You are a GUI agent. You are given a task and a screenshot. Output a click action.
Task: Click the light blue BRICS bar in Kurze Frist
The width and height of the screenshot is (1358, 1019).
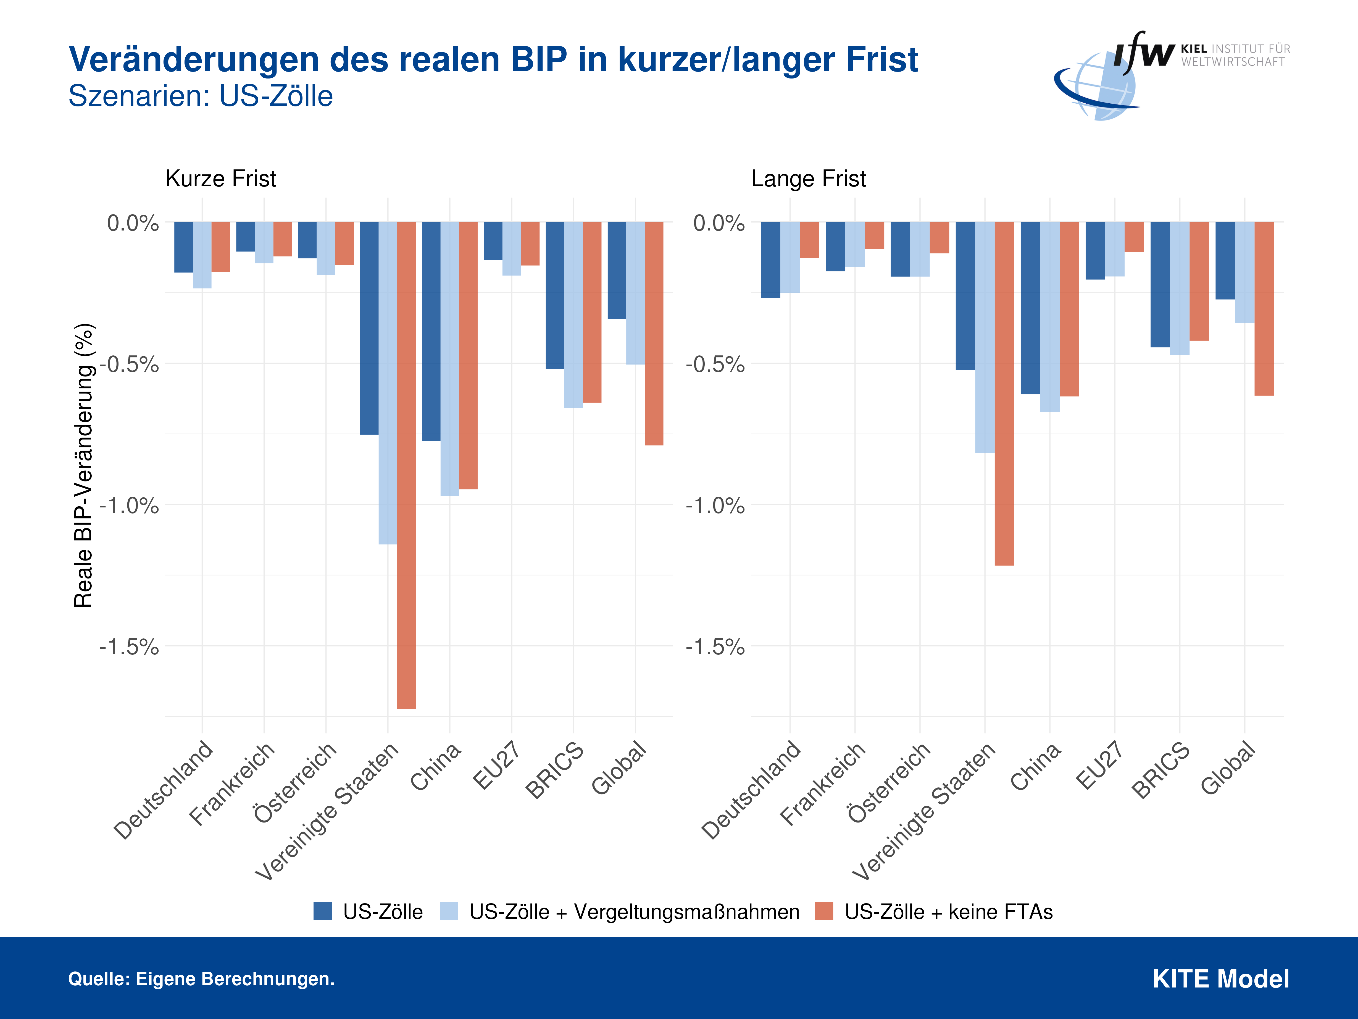[x=573, y=315]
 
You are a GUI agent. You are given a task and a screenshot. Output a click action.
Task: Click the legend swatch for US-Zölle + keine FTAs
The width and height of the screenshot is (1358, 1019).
[x=824, y=911]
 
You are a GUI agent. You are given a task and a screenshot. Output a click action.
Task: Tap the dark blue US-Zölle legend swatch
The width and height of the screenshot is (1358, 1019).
[x=322, y=911]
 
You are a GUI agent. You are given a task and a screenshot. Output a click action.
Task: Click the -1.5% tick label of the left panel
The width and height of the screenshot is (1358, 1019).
[x=130, y=647]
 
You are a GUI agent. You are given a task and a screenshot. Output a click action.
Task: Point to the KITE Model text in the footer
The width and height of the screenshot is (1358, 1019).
[x=1220, y=979]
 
